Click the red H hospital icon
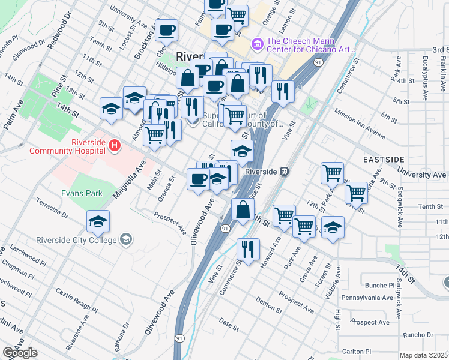click(115, 145)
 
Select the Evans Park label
click(82, 193)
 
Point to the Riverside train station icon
click(285, 171)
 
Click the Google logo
click(20, 353)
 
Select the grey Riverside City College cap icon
click(125, 240)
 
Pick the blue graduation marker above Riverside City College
click(98, 222)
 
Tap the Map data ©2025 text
click(423, 355)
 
